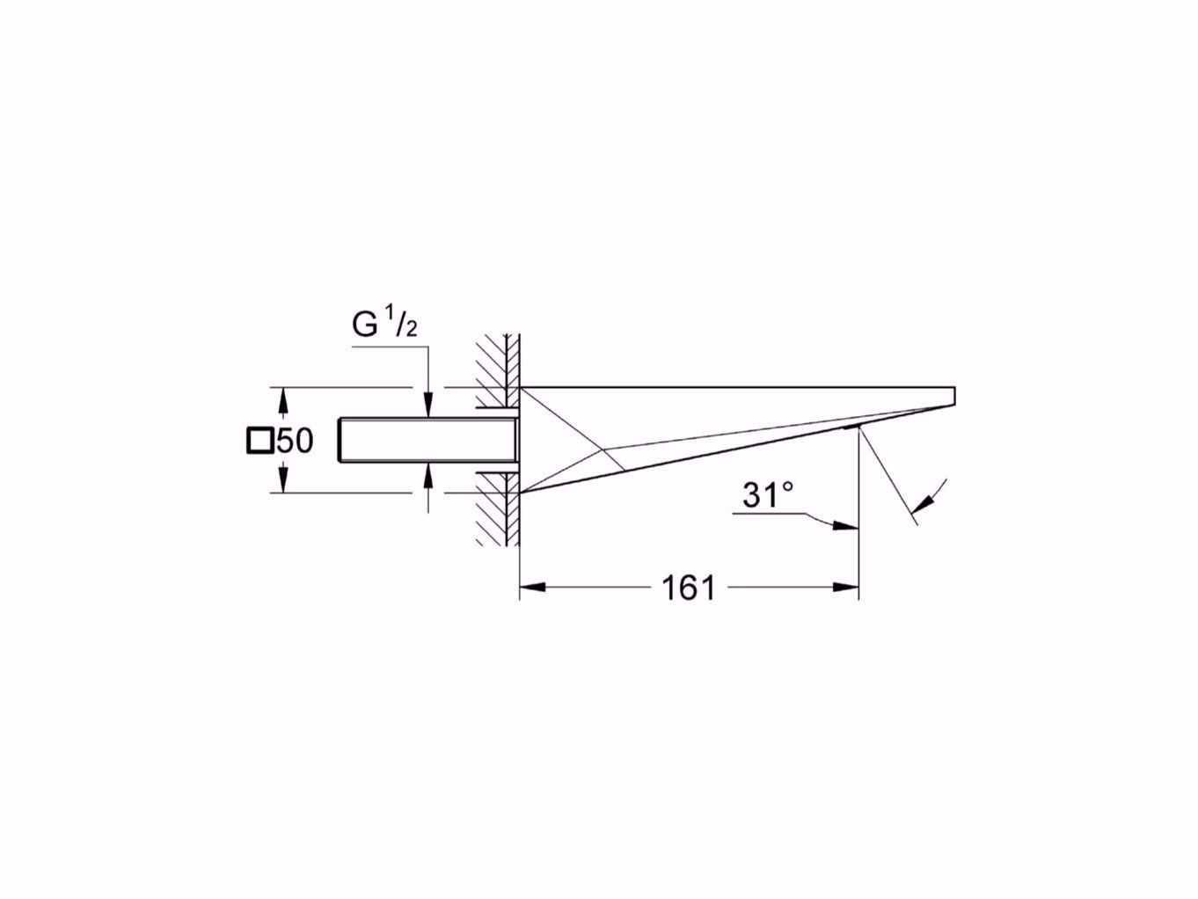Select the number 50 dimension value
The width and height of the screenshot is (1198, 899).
(296, 441)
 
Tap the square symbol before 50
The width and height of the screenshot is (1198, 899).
(259, 440)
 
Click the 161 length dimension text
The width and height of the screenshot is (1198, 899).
(688, 588)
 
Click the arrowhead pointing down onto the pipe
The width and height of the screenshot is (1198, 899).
(427, 407)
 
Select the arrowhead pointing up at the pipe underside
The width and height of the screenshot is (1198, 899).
(427, 473)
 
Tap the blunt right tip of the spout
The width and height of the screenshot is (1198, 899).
(954, 395)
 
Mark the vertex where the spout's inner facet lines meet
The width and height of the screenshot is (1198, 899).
(603, 450)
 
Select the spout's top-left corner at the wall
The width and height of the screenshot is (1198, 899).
(521, 387)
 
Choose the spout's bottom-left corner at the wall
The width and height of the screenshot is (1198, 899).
(521, 493)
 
